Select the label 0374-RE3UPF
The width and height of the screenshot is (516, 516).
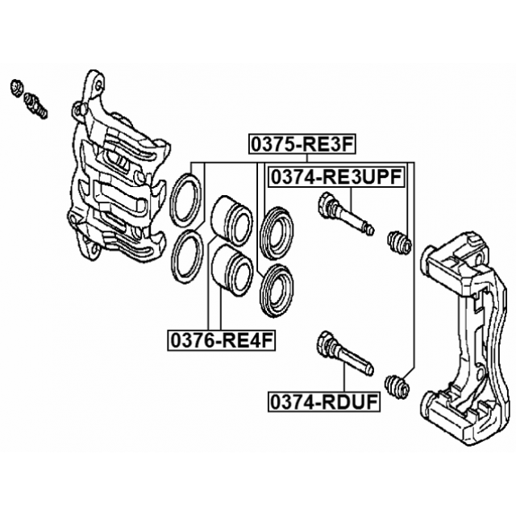pyautogui.click(x=335, y=177)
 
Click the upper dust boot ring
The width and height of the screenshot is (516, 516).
pyautogui.click(x=277, y=225)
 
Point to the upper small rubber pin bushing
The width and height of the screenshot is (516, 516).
pyautogui.click(x=399, y=241)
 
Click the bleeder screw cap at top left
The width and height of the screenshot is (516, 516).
pyautogui.click(x=17, y=85)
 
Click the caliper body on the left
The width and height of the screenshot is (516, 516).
pyautogui.click(x=113, y=177)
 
